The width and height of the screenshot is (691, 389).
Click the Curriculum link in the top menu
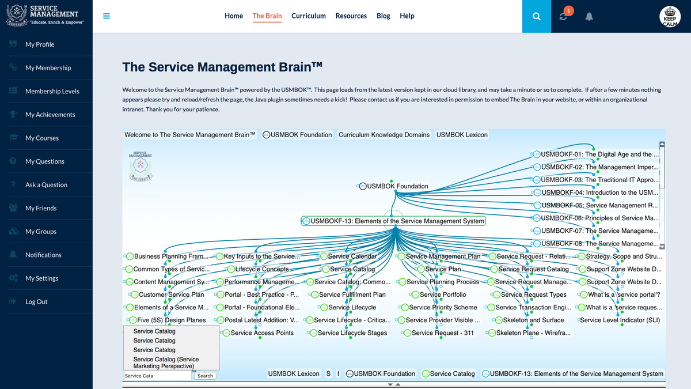point(308,16)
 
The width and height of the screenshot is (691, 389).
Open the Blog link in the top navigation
point(383,16)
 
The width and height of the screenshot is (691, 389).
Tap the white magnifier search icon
point(537,17)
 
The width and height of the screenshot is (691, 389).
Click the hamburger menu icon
point(107,16)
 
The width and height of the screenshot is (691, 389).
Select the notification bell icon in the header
point(589,17)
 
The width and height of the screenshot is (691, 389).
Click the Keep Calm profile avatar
point(670,17)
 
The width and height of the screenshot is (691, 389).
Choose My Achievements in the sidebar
point(50,115)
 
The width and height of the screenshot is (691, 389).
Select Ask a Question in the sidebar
point(46,185)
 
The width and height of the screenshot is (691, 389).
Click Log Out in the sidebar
point(36,302)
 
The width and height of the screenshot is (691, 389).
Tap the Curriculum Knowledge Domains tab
point(384,135)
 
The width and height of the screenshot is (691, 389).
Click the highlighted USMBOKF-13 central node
point(393,221)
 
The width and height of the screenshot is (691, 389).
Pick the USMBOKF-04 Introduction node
point(599,192)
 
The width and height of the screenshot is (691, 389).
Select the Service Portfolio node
point(442,294)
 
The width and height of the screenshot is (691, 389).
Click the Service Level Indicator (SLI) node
point(620,320)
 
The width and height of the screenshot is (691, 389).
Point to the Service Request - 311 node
point(442,333)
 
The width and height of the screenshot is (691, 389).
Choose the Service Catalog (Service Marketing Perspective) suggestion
point(166,362)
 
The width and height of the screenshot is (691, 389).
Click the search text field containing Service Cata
point(157,376)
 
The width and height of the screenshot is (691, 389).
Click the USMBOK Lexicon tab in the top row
point(462,135)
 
